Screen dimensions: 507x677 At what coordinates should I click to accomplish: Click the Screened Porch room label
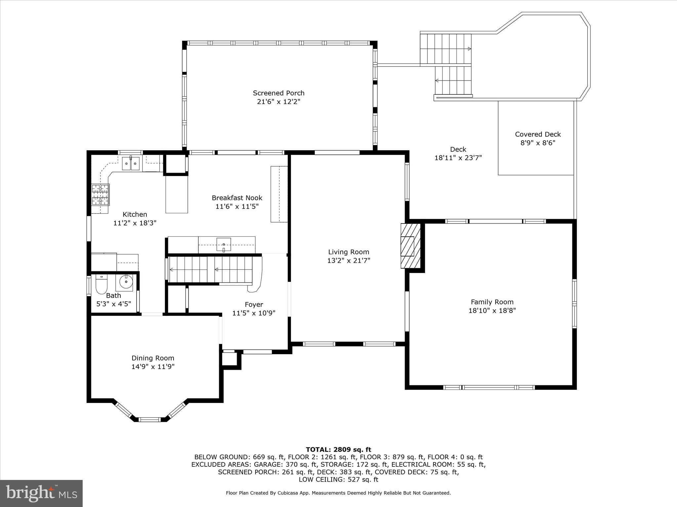[x=278, y=93]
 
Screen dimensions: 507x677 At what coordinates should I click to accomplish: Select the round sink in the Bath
[x=126, y=282]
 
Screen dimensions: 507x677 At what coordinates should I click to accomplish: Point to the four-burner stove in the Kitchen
[x=100, y=195]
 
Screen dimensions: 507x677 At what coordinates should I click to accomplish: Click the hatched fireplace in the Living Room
[x=410, y=246]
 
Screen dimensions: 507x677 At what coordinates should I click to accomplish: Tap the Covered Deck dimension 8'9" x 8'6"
[x=538, y=143]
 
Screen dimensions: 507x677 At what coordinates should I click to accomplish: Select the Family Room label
[x=492, y=302]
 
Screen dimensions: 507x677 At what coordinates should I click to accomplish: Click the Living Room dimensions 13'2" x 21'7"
[x=348, y=260]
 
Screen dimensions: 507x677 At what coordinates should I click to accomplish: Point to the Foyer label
[x=254, y=304]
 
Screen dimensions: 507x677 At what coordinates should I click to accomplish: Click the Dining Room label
[x=153, y=358]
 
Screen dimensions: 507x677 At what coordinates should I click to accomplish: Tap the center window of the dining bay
[x=149, y=420]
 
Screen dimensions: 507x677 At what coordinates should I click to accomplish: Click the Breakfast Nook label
[x=237, y=198]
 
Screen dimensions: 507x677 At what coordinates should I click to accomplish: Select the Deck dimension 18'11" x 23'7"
[x=458, y=158]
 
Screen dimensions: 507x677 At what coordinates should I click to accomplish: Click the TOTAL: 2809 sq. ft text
[x=338, y=450]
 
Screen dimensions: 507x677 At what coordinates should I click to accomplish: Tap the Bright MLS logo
[x=41, y=493]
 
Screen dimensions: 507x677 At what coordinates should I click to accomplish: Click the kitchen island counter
[x=177, y=194]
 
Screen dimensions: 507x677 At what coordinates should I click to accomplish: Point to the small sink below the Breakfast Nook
[x=224, y=244]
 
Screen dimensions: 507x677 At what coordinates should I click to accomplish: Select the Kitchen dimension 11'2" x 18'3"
[x=135, y=223]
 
